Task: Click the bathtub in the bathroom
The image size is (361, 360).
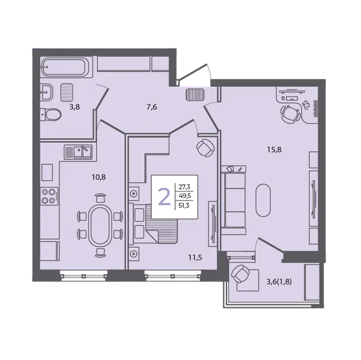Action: click(x=67, y=67)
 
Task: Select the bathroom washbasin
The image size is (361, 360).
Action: click(x=47, y=92)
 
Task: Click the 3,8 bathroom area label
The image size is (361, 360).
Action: click(x=74, y=107)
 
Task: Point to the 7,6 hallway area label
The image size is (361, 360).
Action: click(x=152, y=107)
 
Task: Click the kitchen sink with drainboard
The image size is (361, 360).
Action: click(x=78, y=152)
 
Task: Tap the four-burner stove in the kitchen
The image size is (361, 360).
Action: click(x=49, y=196)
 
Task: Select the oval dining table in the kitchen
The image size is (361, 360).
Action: click(x=100, y=226)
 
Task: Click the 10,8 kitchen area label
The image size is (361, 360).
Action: click(x=99, y=177)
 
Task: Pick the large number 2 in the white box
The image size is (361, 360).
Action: click(x=164, y=196)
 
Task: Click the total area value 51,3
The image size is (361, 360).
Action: click(x=184, y=205)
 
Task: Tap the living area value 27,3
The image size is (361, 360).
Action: click(x=184, y=187)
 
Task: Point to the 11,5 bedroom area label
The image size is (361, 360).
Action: click(x=195, y=257)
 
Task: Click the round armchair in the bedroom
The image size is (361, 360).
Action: click(x=205, y=148)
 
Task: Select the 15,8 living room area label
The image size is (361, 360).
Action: click(x=274, y=150)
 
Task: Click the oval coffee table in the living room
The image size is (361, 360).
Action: click(x=263, y=200)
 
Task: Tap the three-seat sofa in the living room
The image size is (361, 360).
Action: click(x=234, y=200)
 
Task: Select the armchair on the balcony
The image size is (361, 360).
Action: click(x=241, y=274)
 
